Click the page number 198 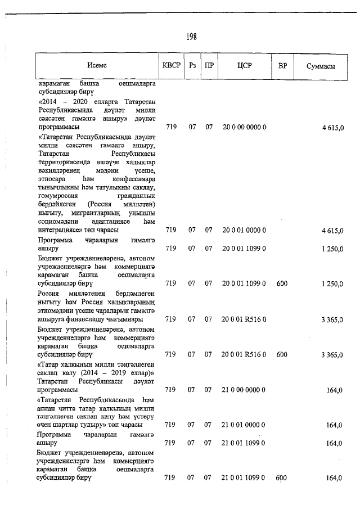(191, 37)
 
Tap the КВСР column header (171, 65)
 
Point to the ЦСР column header (244, 65)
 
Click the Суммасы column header (321, 66)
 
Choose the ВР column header (282, 65)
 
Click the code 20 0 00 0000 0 (244, 128)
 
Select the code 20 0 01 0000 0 (244, 230)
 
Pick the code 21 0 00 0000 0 (244, 389)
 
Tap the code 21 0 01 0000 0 (244, 425)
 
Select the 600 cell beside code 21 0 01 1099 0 (282, 478)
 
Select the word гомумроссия (58, 196)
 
